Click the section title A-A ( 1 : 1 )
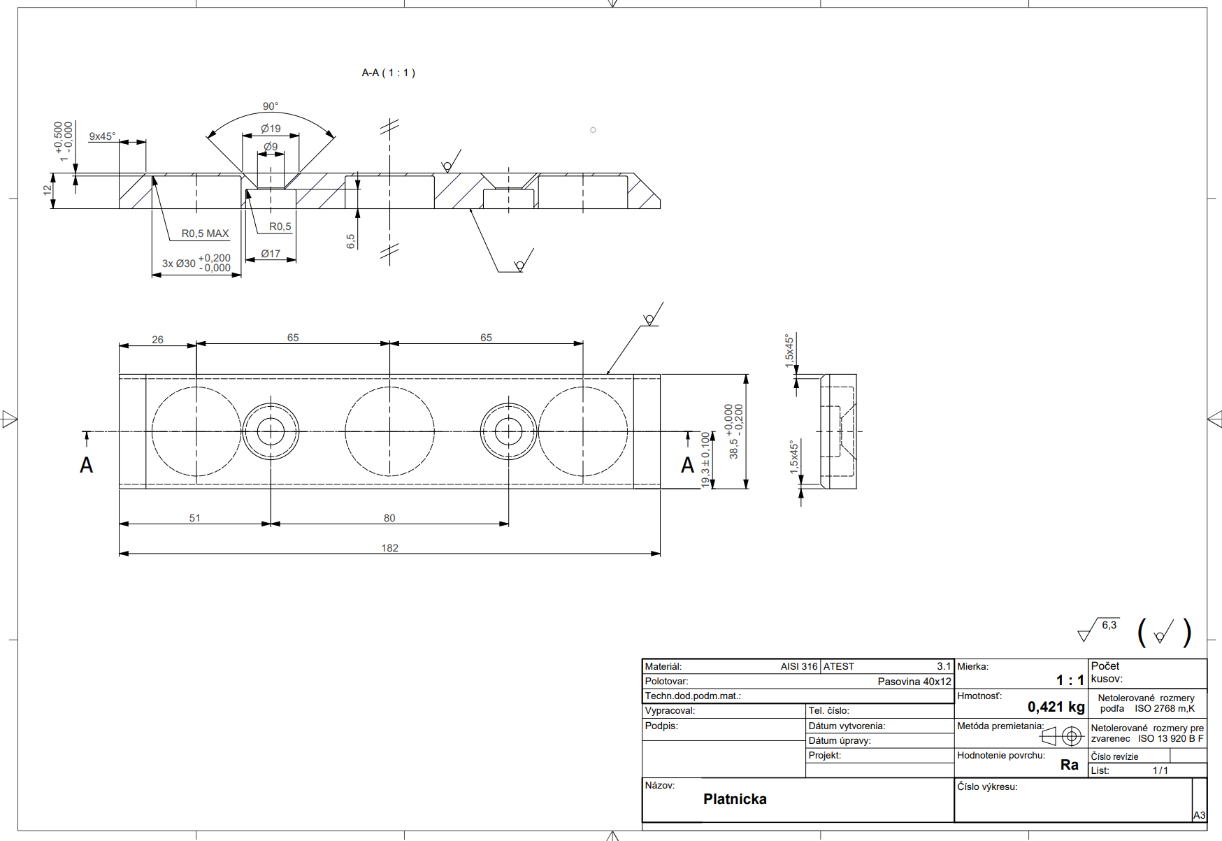point(388,73)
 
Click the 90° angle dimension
point(271,106)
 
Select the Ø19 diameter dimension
point(271,129)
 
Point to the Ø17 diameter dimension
point(271,254)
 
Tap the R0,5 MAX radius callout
point(205,233)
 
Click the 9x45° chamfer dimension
point(102,136)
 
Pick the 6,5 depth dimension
point(351,241)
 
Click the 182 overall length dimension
point(389,548)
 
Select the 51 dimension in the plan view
point(194,518)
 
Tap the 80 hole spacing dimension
point(389,518)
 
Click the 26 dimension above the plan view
point(157,340)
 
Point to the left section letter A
point(86,466)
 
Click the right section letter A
point(688,466)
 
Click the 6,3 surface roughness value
point(1109,625)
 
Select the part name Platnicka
point(735,799)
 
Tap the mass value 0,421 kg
point(1056,707)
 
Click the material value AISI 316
point(798,667)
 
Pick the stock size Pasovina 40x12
point(914,682)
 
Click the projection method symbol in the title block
point(1063,736)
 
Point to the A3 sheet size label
point(1199,815)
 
